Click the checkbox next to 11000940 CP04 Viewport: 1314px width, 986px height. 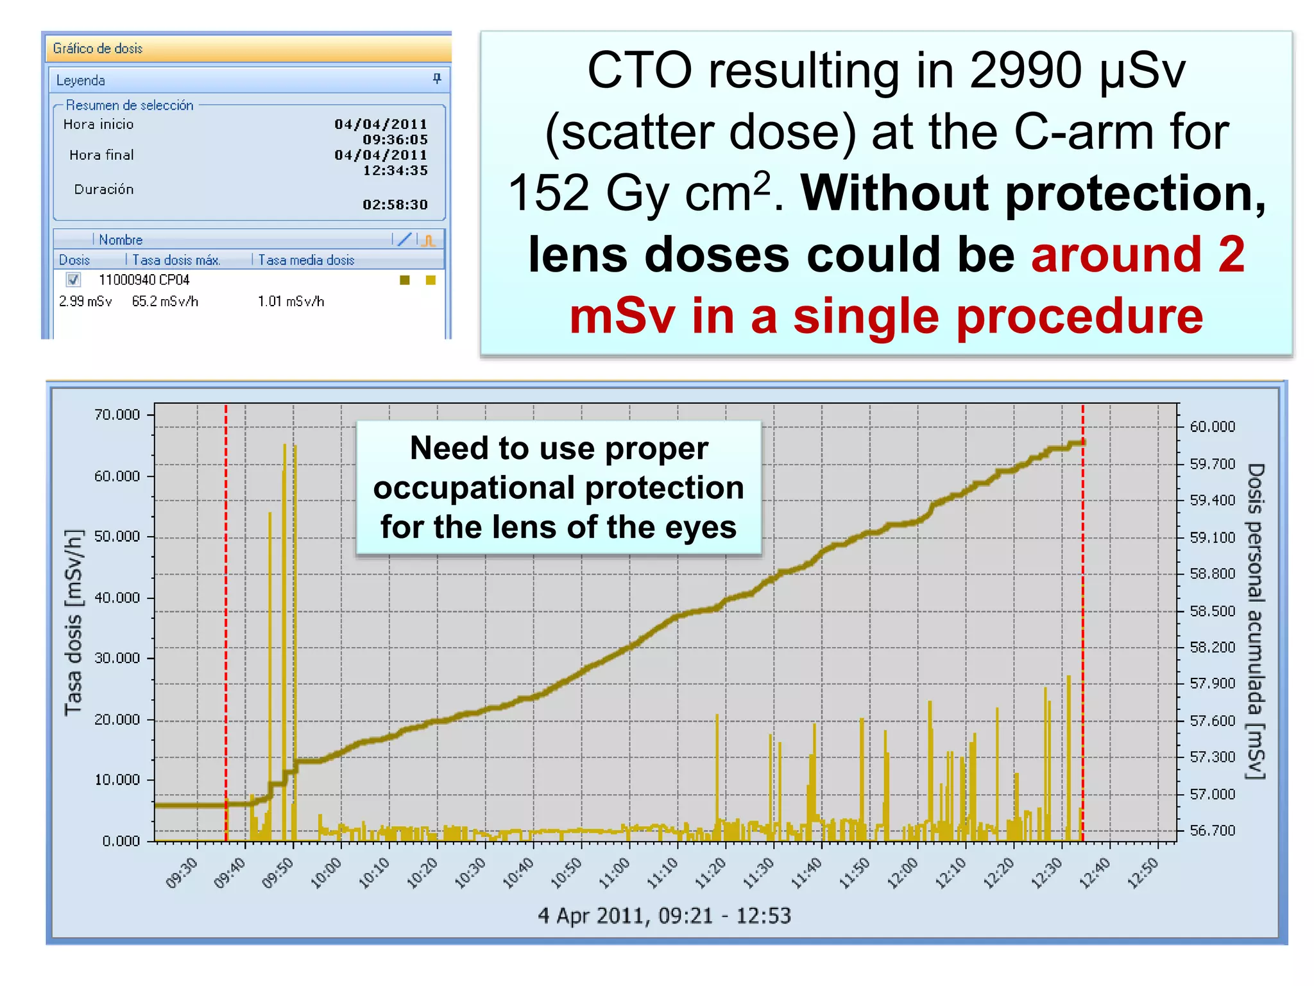[73, 279]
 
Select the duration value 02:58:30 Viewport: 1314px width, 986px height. [395, 205]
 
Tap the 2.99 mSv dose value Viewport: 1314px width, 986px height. [85, 301]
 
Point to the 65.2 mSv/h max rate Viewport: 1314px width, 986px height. [165, 301]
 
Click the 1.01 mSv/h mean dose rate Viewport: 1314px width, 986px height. [291, 301]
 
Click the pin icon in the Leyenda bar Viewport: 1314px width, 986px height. [437, 79]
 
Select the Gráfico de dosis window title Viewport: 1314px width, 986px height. [98, 48]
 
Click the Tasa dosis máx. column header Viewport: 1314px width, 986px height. [176, 260]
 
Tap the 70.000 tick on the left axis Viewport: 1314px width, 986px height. [117, 415]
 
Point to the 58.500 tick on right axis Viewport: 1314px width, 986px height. [1212, 610]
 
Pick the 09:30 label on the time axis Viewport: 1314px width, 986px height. [182, 873]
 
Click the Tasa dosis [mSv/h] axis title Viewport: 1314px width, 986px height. [74, 621]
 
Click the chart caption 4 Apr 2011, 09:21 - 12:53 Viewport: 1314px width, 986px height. [664, 915]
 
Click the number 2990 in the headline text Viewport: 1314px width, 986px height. [1025, 71]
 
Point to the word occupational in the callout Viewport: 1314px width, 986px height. [559, 487]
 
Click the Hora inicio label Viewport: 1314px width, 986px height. [98, 125]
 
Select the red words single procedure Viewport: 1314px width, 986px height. [998, 316]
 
